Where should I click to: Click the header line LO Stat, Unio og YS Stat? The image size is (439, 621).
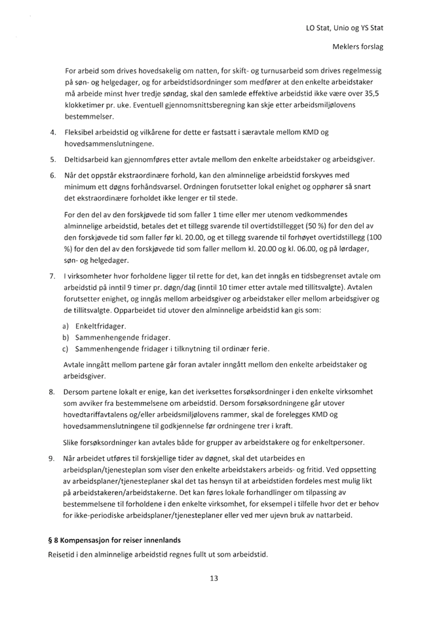[x=345, y=28]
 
